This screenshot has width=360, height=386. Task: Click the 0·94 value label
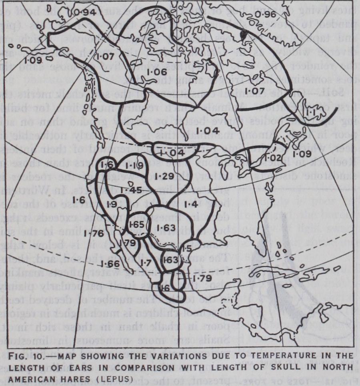[x=84, y=12]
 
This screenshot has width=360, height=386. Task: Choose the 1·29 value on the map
[x=163, y=176]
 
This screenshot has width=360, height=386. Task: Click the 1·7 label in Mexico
[x=145, y=263]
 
